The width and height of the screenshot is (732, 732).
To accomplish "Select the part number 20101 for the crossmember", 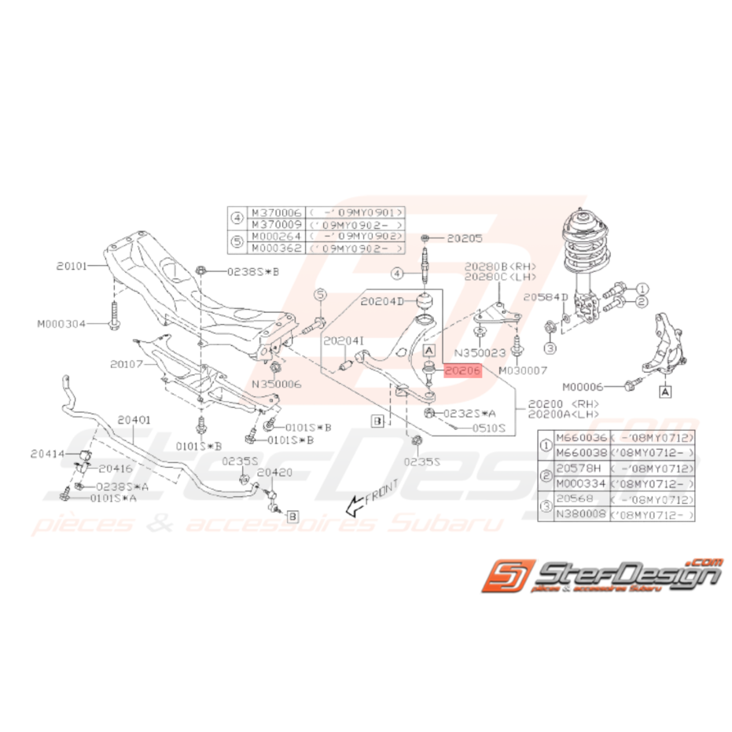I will (75, 266).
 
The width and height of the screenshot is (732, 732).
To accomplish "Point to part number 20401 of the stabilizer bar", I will (134, 421).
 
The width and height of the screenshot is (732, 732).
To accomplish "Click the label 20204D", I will (381, 300).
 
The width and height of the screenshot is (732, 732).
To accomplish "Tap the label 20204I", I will (344, 340).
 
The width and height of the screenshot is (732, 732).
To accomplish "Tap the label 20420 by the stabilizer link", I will (274, 473).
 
